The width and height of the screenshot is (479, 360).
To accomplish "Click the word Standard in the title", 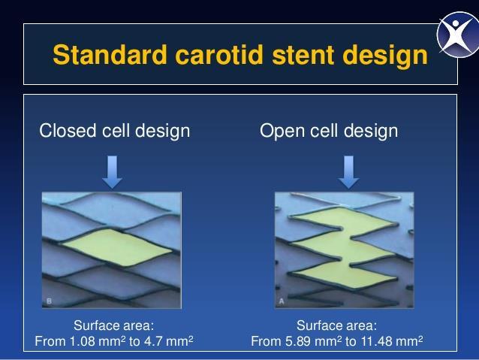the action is point(110,55).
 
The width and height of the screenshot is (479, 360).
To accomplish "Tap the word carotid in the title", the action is point(219,55).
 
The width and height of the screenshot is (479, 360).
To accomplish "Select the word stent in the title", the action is point(303,56).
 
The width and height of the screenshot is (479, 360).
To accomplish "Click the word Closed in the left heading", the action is point(68,131).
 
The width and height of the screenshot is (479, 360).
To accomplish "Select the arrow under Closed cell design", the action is point(112,172).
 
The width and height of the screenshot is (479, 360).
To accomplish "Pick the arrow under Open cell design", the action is point(349,172).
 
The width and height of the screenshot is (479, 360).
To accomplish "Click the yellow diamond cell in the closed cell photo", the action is point(117,247).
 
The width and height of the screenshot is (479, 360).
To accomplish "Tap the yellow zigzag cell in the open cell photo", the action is point(345,247).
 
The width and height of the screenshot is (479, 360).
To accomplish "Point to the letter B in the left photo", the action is point(49,301).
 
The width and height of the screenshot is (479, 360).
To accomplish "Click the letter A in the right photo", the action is point(282,301).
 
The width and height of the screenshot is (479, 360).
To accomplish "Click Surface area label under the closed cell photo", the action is point(113,325).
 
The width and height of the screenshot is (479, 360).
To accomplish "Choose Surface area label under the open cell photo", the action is point(336,325).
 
